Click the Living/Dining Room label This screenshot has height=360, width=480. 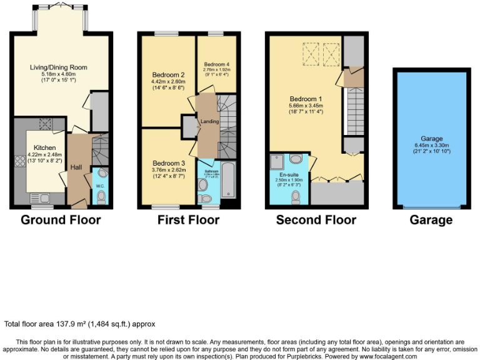(x=59, y=67)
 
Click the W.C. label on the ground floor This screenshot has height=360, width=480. (x=100, y=186)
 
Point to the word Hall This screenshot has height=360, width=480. (x=76, y=167)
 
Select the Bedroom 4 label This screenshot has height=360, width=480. (x=216, y=64)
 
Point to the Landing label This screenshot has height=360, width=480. (x=209, y=121)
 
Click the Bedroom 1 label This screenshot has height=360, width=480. (x=306, y=99)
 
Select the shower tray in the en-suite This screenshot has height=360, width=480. (x=278, y=162)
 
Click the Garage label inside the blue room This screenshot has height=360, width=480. (x=432, y=139)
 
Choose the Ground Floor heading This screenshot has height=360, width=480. (x=61, y=220)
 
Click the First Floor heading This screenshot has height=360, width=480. (x=189, y=220)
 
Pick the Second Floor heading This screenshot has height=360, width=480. (x=316, y=220)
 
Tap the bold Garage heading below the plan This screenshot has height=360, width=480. (x=431, y=220)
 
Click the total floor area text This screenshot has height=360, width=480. (x=79, y=324)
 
